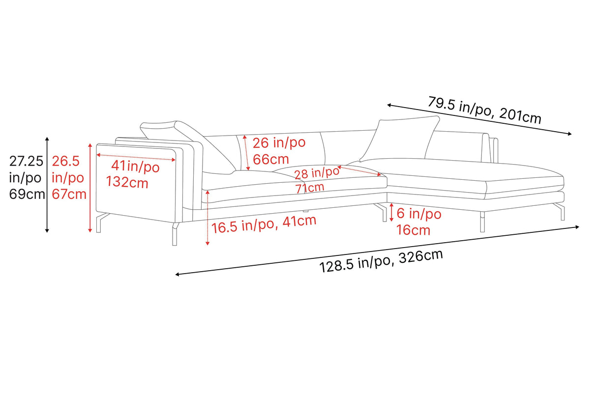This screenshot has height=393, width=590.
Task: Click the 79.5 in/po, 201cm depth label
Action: coord(484,110)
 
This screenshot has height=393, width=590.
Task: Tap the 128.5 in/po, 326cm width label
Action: coord(381,261)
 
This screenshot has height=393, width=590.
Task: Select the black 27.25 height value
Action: coord(26,161)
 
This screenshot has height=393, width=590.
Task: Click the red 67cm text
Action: coord(69,194)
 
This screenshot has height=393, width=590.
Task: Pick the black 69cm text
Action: coord(27,194)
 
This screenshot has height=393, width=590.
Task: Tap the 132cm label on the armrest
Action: coord(127,182)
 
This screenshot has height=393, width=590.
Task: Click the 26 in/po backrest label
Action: coord(279,142)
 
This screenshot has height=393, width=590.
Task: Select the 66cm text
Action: coord(271,159)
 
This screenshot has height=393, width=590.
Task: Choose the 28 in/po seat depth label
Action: coord(317,173)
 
